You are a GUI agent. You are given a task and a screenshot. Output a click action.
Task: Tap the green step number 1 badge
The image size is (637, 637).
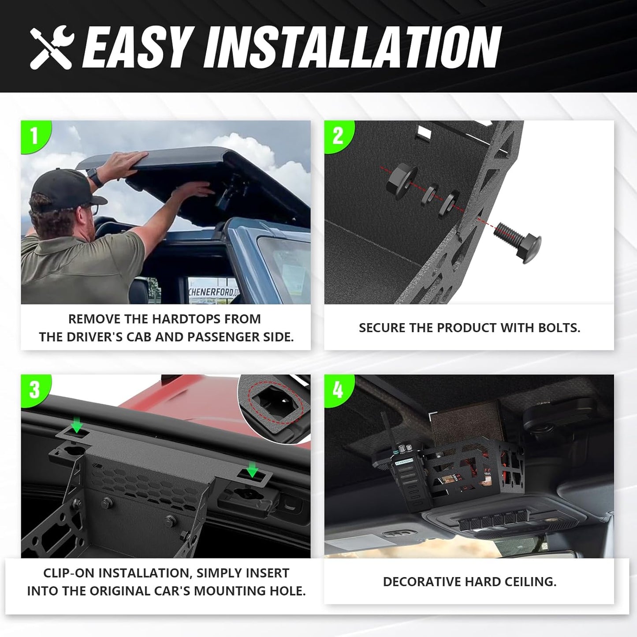[x=34, y=135]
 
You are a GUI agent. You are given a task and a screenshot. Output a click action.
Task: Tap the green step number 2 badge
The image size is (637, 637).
[x=338, y=135]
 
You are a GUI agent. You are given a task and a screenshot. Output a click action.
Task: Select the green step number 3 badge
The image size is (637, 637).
[x=34, y=390]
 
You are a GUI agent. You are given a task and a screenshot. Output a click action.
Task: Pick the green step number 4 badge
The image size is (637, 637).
[x=338, y=390]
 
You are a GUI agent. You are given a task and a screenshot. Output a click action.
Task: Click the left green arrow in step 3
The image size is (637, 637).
[x=77, y=425]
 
